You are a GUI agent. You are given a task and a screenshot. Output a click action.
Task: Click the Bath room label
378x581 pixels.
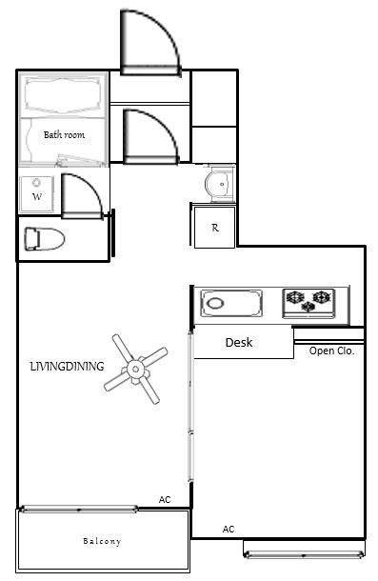[64, 135]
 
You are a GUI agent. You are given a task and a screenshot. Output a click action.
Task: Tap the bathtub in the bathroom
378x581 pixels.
[63, 95]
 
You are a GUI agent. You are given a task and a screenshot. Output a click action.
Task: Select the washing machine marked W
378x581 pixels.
[37, 194]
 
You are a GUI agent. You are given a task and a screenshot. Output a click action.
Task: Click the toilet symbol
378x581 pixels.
[45, 239]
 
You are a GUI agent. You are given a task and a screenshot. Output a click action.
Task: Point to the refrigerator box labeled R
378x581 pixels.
[214, 227]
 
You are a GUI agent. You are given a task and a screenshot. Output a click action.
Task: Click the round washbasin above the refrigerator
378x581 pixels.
[220, 184]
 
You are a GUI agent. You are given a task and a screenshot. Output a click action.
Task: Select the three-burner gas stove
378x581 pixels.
[308, 303]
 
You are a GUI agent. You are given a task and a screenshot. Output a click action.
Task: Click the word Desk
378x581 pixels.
[239, 342]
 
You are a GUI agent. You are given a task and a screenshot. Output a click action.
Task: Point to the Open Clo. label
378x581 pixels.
[331, 351]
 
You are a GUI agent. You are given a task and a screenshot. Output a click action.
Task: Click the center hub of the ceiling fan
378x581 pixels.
[135, 369]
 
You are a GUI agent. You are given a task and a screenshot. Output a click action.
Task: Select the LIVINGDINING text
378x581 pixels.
[67, 367]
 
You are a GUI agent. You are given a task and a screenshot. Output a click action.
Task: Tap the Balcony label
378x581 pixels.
[102, 541]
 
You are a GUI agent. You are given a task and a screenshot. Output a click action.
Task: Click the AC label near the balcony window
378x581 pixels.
[165, 499]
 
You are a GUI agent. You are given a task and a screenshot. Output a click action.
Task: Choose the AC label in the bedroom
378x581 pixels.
[229, 530]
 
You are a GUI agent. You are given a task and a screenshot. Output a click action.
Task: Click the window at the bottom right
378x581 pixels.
[304, 554]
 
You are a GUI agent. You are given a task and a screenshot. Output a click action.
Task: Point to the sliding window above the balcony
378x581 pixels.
[79, 509]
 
